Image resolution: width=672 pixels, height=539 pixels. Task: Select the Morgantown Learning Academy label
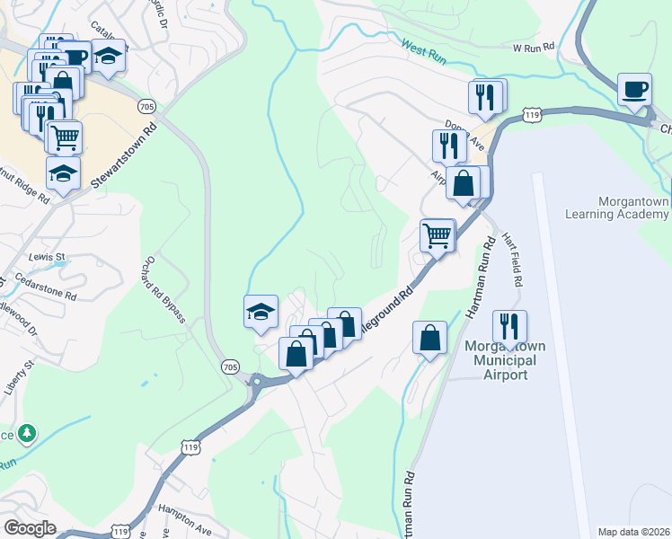click(x=617, y=208)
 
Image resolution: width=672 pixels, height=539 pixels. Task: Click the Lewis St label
click(x=48, y=257)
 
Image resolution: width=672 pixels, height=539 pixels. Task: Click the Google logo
click(x=30, y=528)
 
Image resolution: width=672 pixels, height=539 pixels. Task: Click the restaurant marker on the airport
click(x=509, y=327)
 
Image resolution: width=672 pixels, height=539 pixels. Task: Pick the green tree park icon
click(x=28, y=433)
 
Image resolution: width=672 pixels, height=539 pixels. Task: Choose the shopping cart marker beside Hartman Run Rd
click(x=437, y=236)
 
